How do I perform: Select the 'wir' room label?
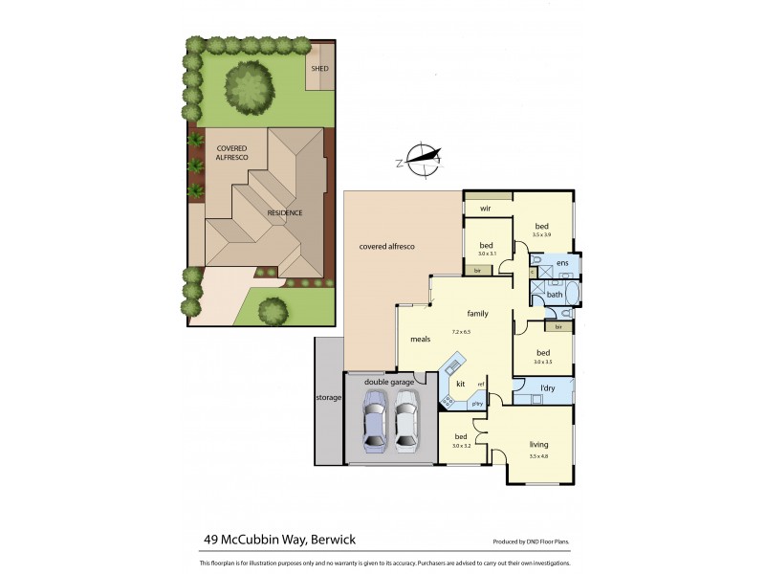tap(486, 207)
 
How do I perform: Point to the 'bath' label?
tap(555, 294)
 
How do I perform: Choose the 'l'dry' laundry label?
tap(548, 387)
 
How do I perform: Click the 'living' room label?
tap(540, 444)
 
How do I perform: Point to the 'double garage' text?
tap(388, 382)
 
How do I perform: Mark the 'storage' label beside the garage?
tap(329, 397)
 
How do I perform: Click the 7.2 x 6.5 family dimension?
tap(461, 332)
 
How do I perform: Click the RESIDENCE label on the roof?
tap(284, 212)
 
